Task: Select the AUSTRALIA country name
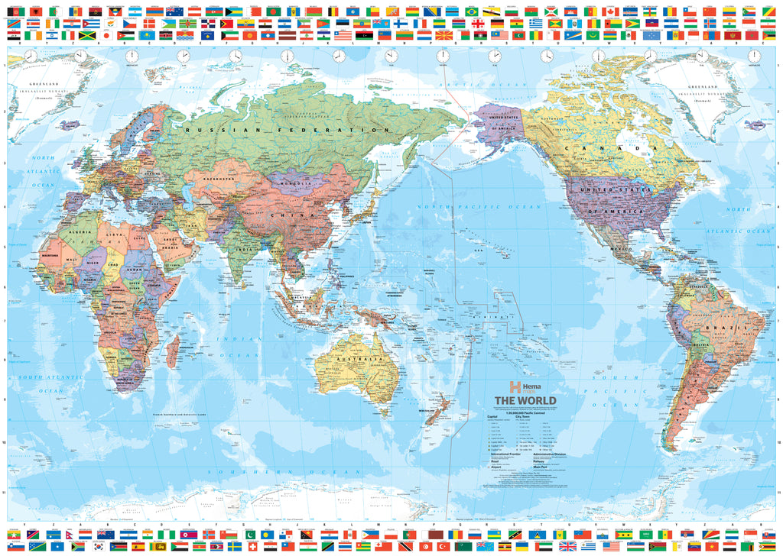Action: click(359, 359)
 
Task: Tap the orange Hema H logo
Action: click(515, 387)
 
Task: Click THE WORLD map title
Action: click(525, 401)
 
